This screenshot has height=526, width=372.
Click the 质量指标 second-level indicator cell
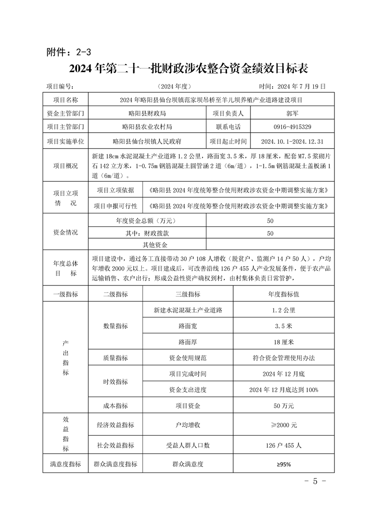pyautogui.click(x=115, y=358)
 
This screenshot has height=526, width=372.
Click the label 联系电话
pyautogui.click(x=228, y=127)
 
